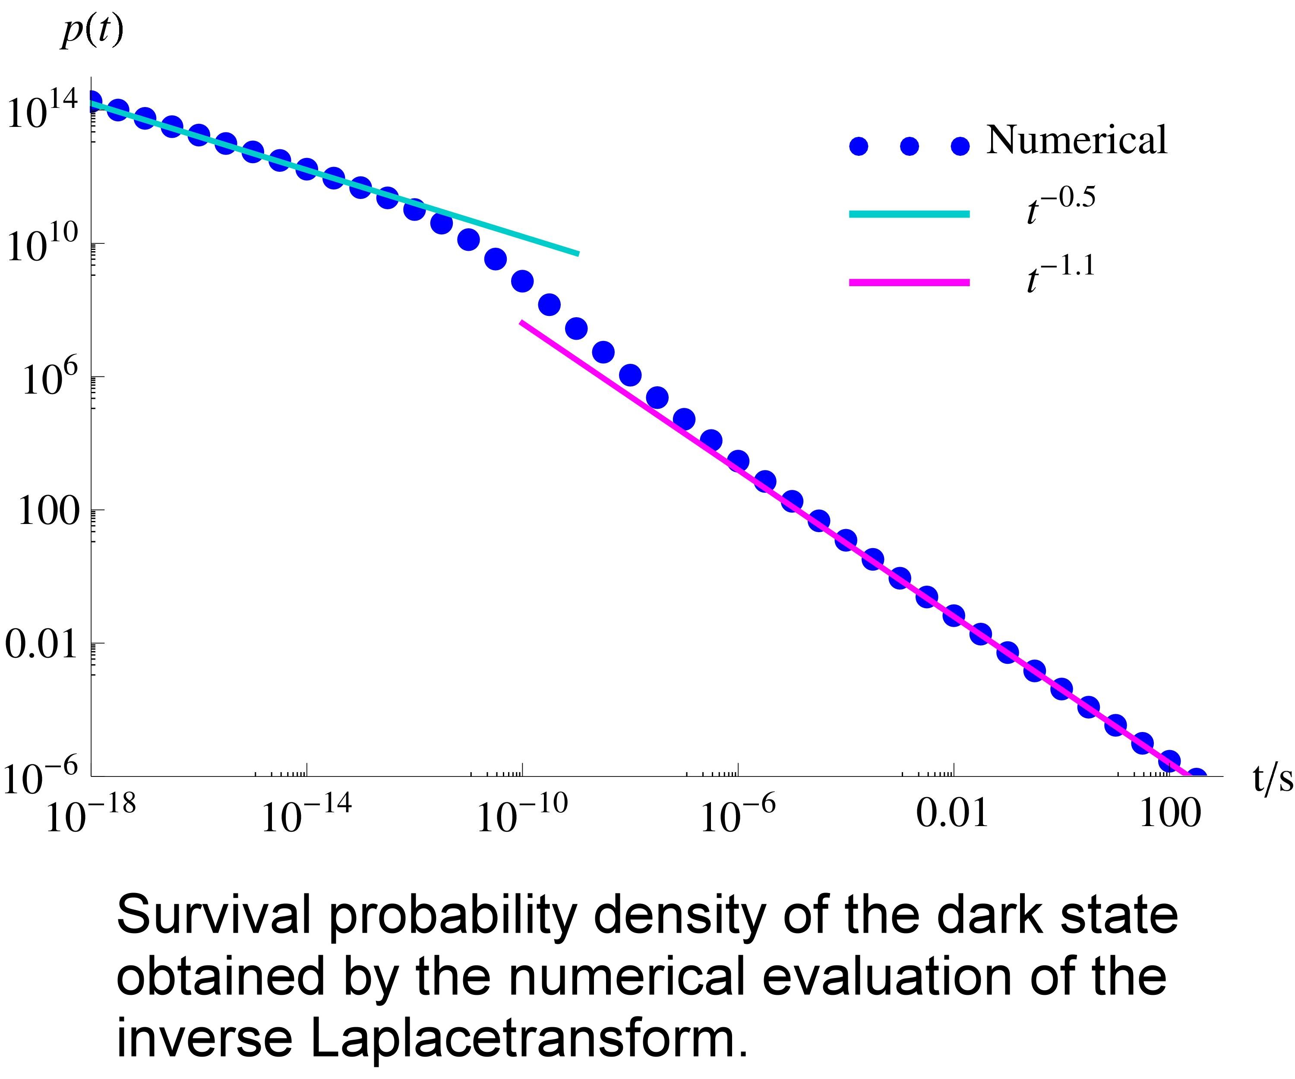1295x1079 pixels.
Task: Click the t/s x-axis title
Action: coord(1272,778)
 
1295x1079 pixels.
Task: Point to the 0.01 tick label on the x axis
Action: coord(952,814)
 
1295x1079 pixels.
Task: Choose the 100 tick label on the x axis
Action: coord(1170,814)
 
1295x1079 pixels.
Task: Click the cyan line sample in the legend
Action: coord(909,214)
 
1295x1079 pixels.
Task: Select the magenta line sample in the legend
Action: coord(909,282)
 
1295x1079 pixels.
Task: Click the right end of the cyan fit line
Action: coord(578,253)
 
